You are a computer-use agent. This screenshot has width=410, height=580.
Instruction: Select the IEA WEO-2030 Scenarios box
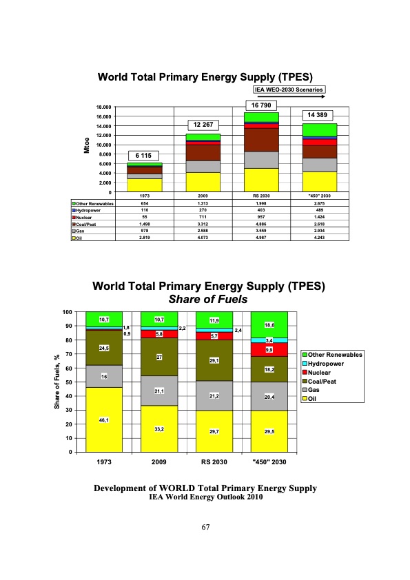point(289,89)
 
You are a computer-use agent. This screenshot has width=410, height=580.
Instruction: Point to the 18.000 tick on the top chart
point(103,107)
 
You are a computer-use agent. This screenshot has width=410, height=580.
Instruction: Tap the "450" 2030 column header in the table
point(320,196)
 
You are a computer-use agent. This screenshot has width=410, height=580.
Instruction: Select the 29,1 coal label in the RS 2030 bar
point(214,360)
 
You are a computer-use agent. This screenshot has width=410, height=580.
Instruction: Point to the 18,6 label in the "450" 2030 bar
point(269,324)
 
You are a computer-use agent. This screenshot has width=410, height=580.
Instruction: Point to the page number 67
point(205,527)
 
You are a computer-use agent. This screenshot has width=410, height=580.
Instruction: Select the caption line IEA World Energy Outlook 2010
point(205,497)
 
